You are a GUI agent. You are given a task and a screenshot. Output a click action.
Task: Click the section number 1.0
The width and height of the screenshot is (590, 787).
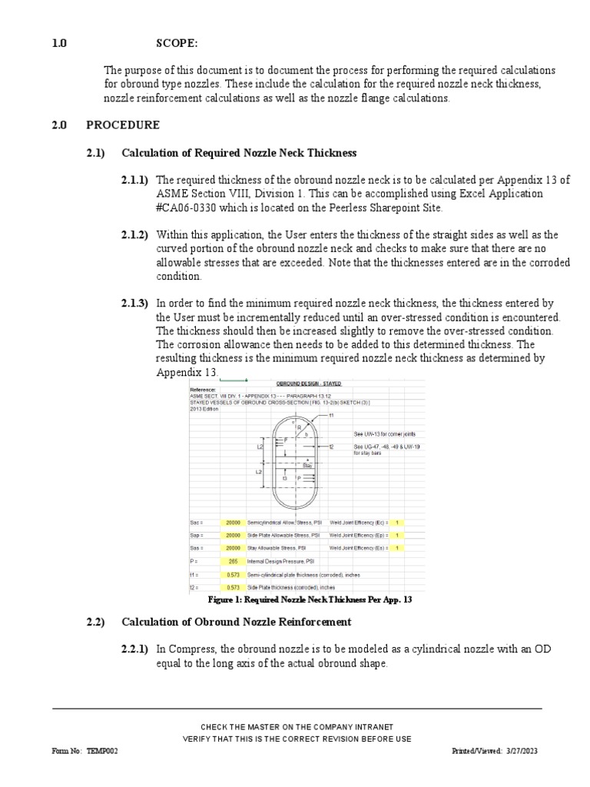[58, 45]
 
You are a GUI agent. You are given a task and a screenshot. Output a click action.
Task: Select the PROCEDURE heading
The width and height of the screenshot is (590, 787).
[123, 125]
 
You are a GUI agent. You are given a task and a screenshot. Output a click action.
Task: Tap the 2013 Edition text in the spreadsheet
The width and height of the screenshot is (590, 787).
[204, 409]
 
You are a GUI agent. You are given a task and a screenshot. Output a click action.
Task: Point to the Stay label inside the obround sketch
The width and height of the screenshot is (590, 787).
[307, 465]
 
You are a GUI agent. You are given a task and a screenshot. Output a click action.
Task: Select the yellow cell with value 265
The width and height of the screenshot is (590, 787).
[233, 561]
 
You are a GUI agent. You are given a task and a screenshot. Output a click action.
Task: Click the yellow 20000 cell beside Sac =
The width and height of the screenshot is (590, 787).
[233, 522]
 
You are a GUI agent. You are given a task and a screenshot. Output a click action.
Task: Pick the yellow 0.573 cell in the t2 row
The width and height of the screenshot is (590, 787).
[233, 587]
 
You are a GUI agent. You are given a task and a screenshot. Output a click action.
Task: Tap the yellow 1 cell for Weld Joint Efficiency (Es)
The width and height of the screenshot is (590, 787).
[396, 548]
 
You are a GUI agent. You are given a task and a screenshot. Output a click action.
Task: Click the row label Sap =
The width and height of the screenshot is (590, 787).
[197, 535]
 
